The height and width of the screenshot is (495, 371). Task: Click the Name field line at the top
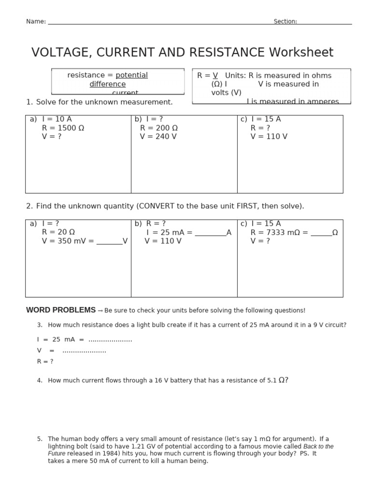(x=159, y=23)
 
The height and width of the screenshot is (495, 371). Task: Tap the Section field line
(x=325, y=23)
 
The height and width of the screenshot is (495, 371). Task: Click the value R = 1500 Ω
(x=63, y=128)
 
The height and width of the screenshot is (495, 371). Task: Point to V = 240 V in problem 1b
(x=158, y=137)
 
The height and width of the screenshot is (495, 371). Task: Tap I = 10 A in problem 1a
(x=57, y=119)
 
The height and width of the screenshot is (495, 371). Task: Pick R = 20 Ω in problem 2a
(x=58, y=233)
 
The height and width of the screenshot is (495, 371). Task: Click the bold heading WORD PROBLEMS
(x=61, y=310)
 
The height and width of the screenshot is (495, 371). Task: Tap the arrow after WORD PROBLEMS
(x=100, y=310)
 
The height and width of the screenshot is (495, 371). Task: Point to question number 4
(x=40, y=381)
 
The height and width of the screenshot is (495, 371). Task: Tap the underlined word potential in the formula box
(x=131, y=75)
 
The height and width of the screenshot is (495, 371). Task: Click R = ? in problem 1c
(x=260, y=128)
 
